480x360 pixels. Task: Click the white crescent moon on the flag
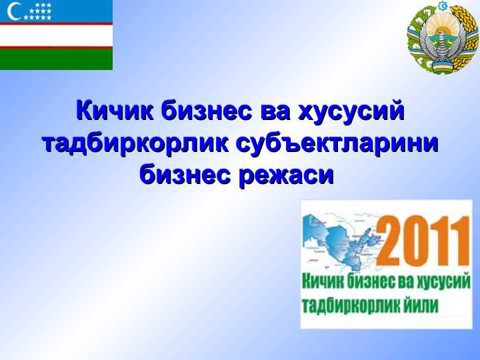[x=12, y=11]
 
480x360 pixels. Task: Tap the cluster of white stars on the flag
[x=39, y=11]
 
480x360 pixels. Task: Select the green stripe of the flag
[x=56, y=59]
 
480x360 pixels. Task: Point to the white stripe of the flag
[x=56, y=35]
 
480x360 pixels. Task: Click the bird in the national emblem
[x=442, y=46]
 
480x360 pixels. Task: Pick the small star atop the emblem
[x=442, y=6]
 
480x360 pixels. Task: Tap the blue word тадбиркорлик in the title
[x=135, y=143]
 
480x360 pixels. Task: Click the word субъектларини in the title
[x=337, y=143]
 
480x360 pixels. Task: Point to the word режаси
[x=286, y=176]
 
